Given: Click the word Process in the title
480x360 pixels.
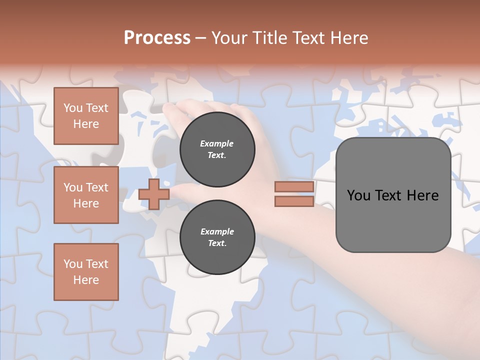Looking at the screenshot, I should pos(157,38).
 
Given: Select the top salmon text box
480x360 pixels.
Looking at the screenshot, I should pos(86,116).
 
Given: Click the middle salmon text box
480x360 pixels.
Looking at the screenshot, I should pos(86,195).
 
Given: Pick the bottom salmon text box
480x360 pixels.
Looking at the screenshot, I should pos(86,272).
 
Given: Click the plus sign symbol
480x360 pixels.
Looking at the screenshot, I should pos(153,194).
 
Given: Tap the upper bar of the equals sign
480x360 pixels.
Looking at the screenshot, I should pos(294,187).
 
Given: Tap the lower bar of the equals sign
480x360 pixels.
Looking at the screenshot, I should pos(294,201).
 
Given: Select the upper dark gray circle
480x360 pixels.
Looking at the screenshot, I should pos(217,149).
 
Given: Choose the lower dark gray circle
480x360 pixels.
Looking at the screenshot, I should pos(217,237).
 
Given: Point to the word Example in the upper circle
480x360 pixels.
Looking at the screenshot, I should pos(217,143).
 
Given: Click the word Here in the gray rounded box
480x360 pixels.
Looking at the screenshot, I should pos(422,195).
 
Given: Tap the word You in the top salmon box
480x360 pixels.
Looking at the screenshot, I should pos(73,108).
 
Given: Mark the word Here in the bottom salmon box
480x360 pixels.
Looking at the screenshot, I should pos(86,280).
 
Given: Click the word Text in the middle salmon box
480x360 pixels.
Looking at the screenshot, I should pos(97,187).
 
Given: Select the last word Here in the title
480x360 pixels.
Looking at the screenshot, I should pos(348,38).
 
